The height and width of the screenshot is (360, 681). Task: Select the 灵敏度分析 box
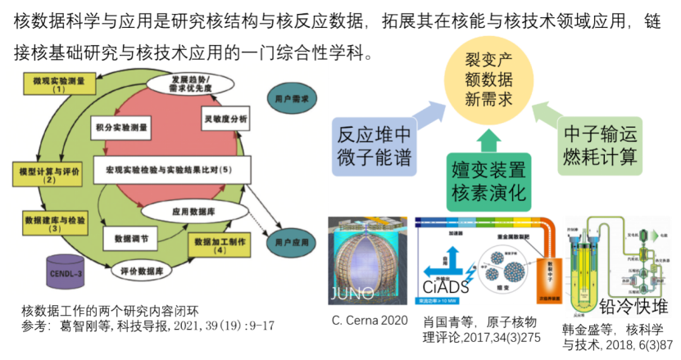tap(225, 120)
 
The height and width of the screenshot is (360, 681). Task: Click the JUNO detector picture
tap(367, 261)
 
